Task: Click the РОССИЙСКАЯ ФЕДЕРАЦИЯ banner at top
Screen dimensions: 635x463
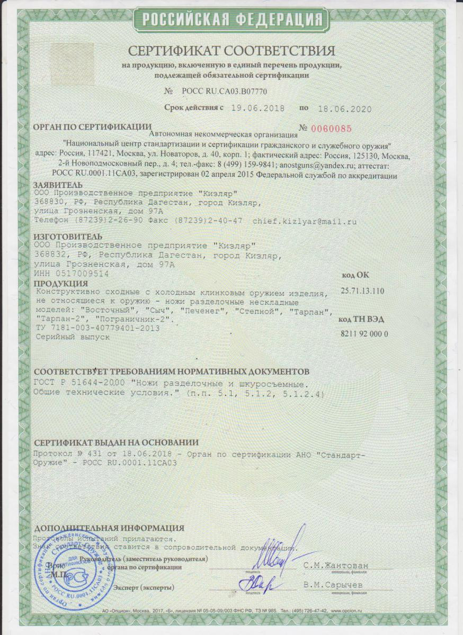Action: coord(231,20)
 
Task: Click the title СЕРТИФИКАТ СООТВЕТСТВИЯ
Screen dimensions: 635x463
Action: coord(231,51)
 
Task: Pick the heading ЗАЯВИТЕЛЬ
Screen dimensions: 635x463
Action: coord(58,185)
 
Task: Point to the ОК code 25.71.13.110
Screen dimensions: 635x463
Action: coord(363,292)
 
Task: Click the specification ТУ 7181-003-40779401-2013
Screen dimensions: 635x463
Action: coord(96,329)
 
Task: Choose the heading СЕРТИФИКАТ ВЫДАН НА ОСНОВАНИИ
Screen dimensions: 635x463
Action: coord(116,443)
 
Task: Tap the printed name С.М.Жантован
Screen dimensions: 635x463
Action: coord(335,566)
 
